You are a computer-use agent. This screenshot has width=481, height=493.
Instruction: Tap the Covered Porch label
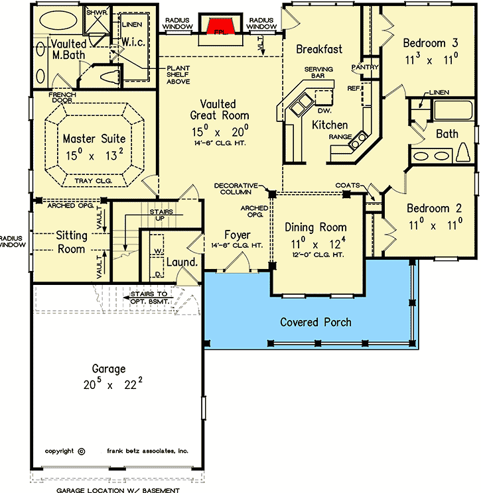point(316,322)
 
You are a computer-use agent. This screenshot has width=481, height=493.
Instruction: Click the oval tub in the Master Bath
point(59,21)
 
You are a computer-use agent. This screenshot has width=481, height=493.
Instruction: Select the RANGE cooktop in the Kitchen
point(359,140)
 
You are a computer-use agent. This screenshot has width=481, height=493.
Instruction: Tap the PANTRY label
point(365,67)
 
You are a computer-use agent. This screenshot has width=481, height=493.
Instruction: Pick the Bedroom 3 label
point(431,43)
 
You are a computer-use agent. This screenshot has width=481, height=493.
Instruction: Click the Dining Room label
point(316,227)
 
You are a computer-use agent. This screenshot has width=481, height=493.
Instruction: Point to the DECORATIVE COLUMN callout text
point(240,190)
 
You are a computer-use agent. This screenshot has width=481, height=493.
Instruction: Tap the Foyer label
point(237,234)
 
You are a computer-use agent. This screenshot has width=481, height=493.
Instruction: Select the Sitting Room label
point(70,242)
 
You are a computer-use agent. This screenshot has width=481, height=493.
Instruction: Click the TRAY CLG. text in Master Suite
point(94,180)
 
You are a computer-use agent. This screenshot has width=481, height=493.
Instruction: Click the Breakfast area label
point(319,48)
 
